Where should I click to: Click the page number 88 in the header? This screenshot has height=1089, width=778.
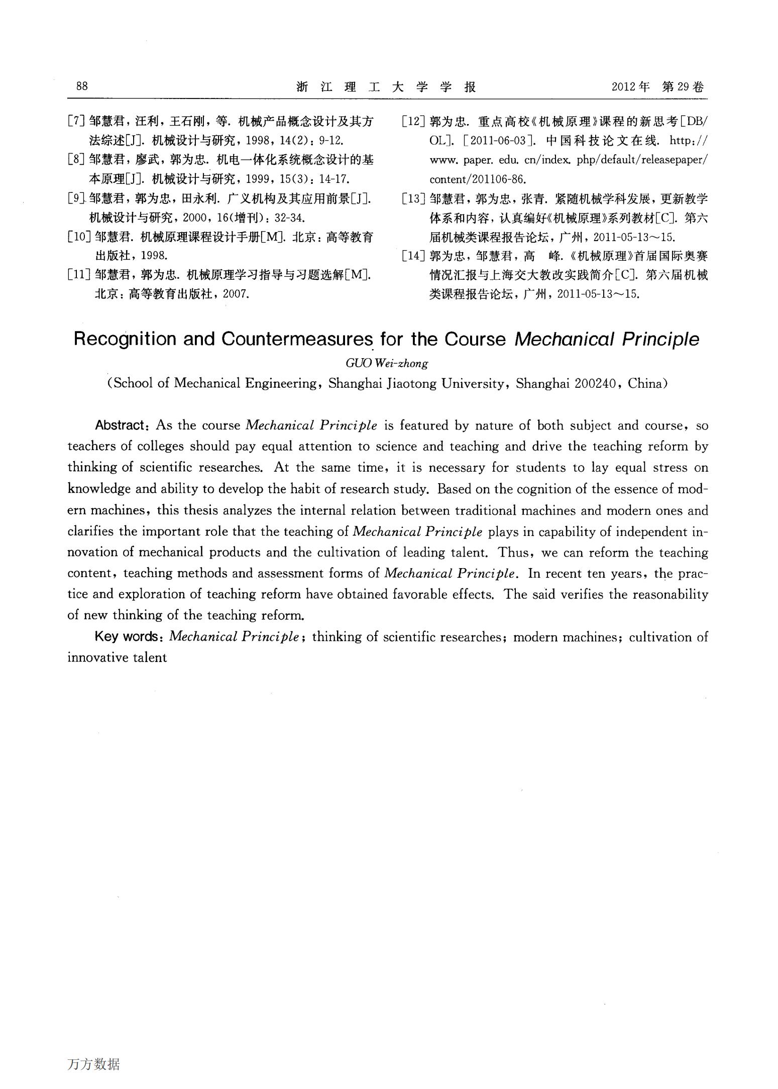(x=82, y=86)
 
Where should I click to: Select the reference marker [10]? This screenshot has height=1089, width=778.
(x=79, y=237)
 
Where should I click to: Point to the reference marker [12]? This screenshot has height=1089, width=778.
(x=414, y=121)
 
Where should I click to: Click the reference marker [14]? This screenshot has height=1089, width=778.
(x=414, y=256)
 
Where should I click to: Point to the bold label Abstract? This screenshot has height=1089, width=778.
(x=120, y=425)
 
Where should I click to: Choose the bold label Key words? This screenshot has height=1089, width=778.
(x=126, y=636)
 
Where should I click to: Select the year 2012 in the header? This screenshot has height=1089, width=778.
(x=624, y=87)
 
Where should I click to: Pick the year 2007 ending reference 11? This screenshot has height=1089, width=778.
(x=236, y=294)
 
